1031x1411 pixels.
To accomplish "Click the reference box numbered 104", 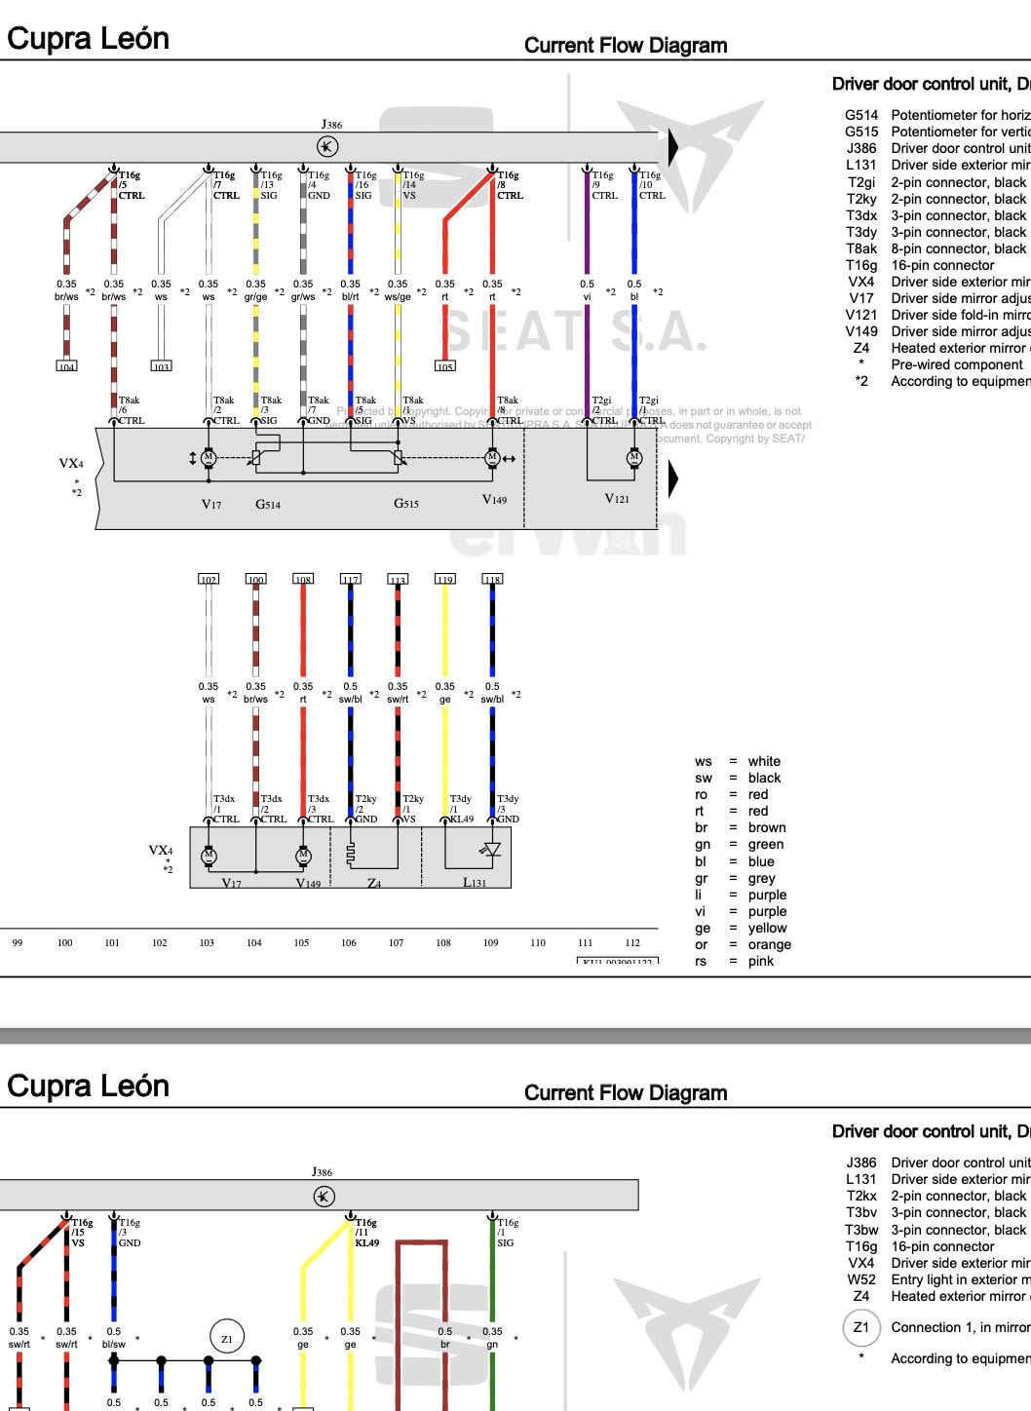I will click(x=66, y=366).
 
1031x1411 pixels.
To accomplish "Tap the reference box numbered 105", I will click(x=444, y=366).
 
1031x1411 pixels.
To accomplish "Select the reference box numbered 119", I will click(x=444, y=579).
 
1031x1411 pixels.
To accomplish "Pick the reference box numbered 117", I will click(x=350, y=579).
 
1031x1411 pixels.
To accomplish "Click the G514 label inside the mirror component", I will click(x=268, y=505).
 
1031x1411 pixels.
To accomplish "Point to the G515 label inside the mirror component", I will click(x=406, y=504).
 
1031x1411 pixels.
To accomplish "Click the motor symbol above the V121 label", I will click(x=634, y=457).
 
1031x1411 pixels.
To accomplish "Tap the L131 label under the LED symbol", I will click(x=475, y=882).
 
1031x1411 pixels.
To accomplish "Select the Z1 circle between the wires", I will click(x=226, y=1339).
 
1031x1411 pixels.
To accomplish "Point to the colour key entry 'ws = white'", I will click(x=737, y=761).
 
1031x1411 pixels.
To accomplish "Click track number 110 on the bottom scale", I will click(x=538, y=942).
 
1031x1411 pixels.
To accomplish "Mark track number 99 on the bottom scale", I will click(x=18, y=942).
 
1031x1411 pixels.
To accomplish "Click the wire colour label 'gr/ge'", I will click(x=255, y=297).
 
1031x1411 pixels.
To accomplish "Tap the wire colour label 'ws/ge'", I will click(x=398, y=297).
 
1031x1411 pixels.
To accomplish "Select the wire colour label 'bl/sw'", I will click(x=114, y=1345).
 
